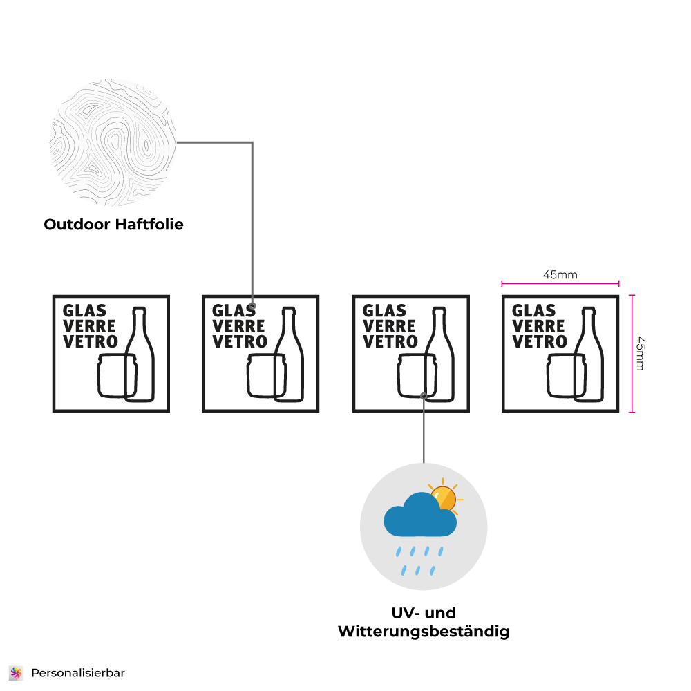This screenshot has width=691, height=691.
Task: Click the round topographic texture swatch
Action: (113, 142)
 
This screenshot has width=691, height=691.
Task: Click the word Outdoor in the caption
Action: (77, 225)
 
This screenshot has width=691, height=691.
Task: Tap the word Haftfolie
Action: (149, 225)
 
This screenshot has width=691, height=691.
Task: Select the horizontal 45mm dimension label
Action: (560, 274)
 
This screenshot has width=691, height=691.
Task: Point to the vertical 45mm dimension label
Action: (641, 354)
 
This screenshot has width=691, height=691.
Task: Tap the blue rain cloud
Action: (420, 515)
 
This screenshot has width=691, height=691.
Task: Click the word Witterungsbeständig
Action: (424, 632)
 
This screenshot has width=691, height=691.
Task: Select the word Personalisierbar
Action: (78, 673)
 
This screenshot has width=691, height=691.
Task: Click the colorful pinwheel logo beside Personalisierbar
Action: (17, 673)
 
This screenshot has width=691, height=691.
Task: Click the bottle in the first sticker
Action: (140, 354)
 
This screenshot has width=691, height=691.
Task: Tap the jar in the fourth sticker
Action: (567, 375)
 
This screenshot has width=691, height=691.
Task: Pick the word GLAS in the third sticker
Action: (384, 311)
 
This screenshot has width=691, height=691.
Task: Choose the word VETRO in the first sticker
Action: (91, 341)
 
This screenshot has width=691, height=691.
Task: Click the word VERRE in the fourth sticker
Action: (538, 326)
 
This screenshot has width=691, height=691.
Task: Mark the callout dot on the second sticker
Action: (252, 306)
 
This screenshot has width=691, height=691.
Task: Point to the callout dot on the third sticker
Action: (424, 396)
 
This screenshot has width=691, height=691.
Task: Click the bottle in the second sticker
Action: (289, 354)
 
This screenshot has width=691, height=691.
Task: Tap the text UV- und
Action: (424, 613)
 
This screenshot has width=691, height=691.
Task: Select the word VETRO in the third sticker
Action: (390, 341)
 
